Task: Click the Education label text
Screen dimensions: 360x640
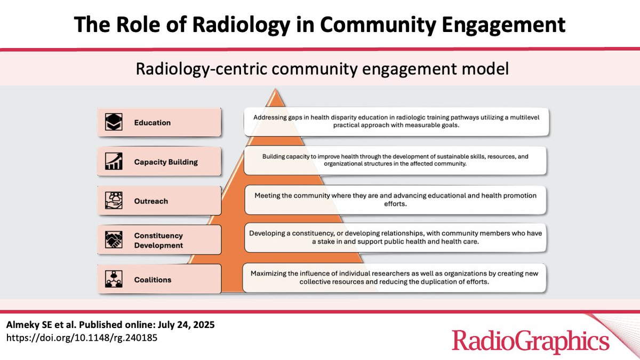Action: click(x=152, y=123)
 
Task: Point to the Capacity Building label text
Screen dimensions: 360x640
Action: click(x=165, y=162)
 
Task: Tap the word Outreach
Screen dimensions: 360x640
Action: click(x=151, y=201)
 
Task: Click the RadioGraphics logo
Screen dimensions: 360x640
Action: click(x=530, y=340)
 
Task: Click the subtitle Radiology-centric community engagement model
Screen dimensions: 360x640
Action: click(x=319, y=69)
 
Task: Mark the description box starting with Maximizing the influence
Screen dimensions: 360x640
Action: click(x=395, y=277)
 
